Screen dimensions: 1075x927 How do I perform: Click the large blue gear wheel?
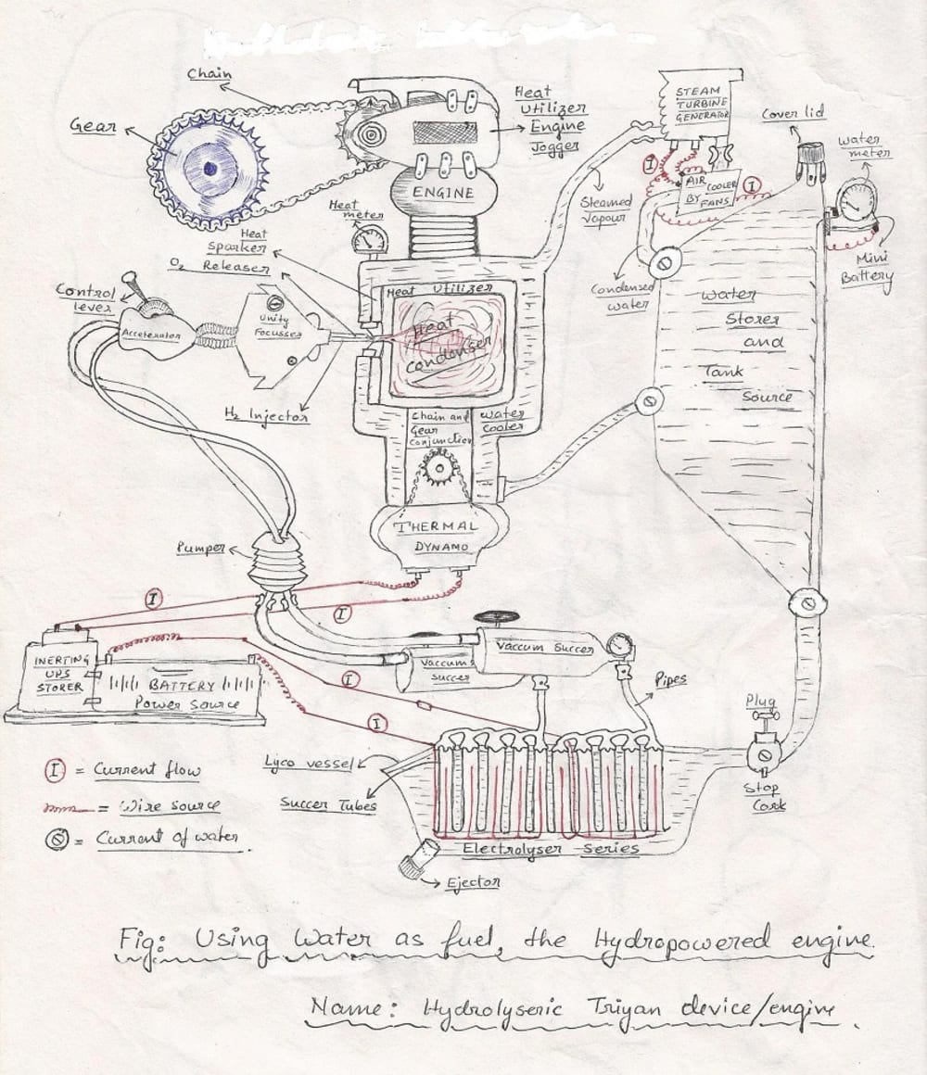tap(210, 169)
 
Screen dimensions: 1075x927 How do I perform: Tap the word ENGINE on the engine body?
tap(443, 194)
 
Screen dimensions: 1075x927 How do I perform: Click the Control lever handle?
tap(133, 286)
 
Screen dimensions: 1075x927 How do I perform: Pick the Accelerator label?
tap(149, 334)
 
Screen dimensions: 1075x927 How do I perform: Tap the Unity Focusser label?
tap(274, 326)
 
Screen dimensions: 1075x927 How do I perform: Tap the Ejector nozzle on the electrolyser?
tap(413, 862)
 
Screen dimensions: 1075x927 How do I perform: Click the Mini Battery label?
tap(867, 267)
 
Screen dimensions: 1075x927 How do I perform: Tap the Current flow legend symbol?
tap(57, 769)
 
